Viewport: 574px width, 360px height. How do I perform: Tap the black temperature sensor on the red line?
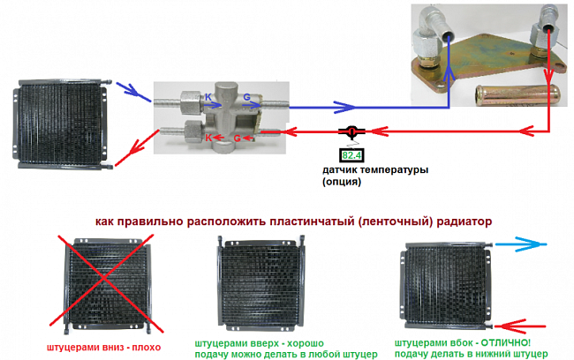pos(351,132)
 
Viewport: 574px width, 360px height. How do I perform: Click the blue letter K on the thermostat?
pos(208,96)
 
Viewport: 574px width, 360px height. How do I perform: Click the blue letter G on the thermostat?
pos(246,96)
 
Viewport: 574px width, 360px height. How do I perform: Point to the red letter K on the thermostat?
pos(208,139)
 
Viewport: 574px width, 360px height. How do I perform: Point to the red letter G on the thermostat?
pos(238,139)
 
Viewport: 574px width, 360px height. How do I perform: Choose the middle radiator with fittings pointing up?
pos(258,283)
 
